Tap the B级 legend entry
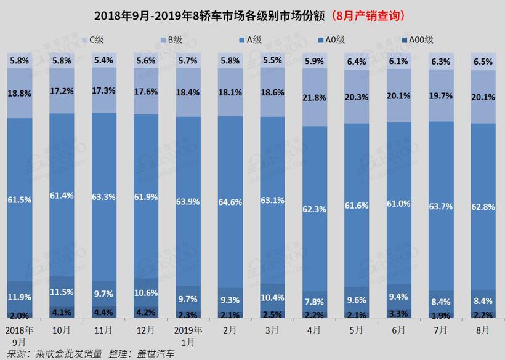point(174,41)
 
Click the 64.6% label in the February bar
point(229,201)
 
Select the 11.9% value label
point(20,297)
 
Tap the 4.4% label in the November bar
point(103,312)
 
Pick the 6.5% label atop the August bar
point(483,63)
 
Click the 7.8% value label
point(313,302)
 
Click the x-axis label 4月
point(313,330)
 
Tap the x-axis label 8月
point(483,330)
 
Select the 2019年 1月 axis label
point(187,335)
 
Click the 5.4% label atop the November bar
point(103,61)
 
